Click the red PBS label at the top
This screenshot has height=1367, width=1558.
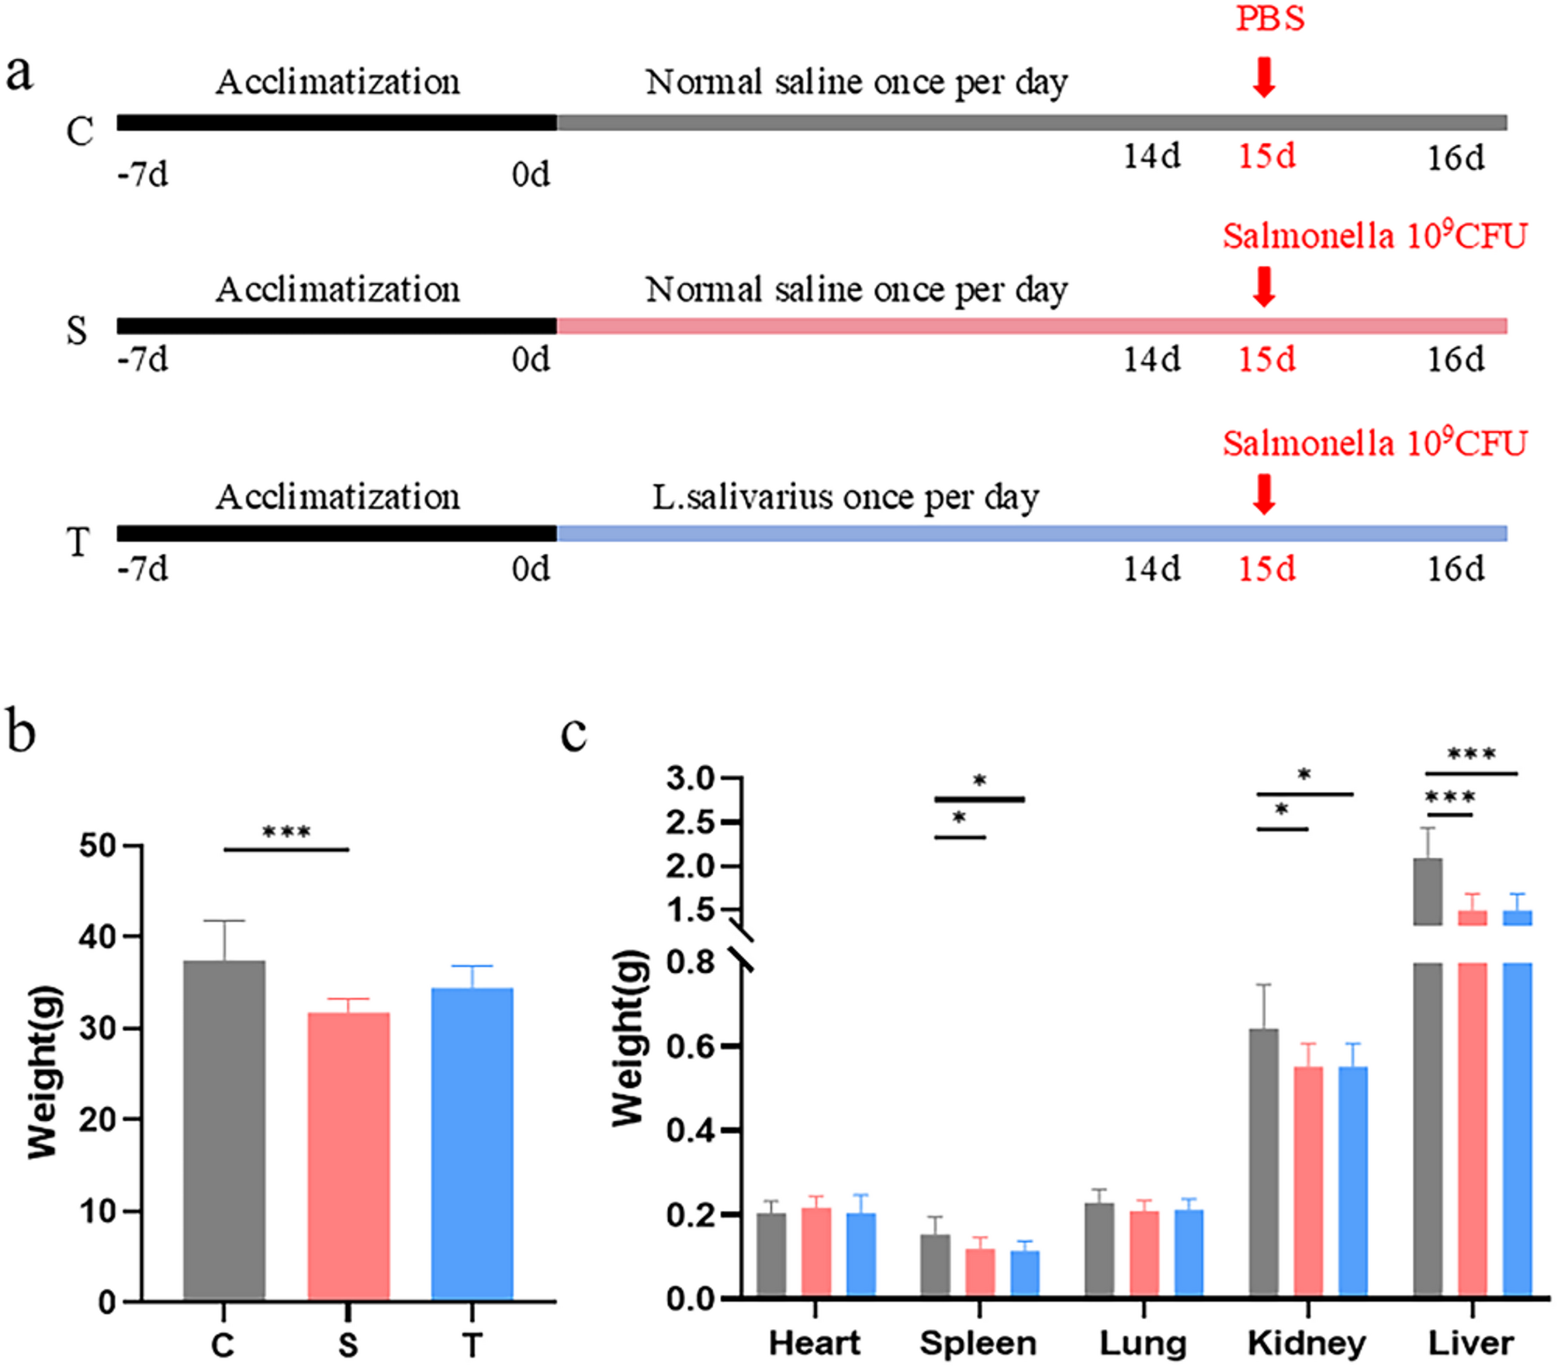1270,19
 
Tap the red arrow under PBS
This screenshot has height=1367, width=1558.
1264,78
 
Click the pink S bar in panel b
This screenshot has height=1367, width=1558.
348,1155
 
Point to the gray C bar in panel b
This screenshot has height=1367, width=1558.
224,1130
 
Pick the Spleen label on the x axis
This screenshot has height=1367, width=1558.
978,1343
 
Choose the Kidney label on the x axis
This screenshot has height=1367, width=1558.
1307,1343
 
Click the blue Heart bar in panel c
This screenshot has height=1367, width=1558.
861,1254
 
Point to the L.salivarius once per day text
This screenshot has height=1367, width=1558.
845,497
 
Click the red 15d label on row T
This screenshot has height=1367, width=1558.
1266,569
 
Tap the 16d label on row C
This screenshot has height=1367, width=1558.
1456,158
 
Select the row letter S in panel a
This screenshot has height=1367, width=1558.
77,331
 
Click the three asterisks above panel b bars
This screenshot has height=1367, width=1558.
286,832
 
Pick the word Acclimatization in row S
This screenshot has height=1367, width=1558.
338,289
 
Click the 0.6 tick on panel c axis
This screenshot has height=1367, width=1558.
691,1047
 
